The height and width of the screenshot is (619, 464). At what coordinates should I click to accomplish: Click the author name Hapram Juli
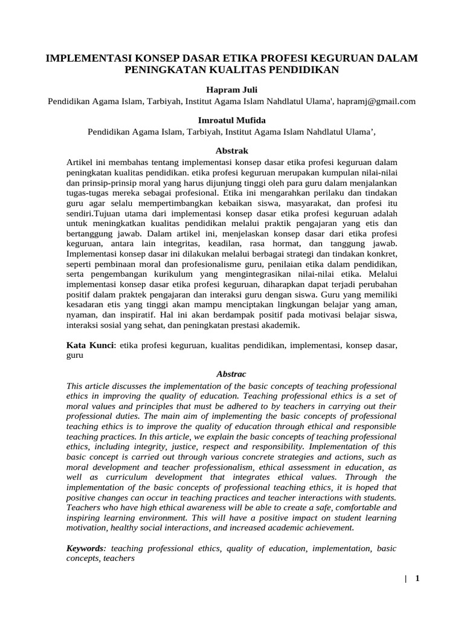pos(231,89)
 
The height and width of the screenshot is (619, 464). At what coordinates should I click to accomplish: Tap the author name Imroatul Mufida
pos(231,120)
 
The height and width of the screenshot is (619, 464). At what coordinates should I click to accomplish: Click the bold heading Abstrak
pos(231,151)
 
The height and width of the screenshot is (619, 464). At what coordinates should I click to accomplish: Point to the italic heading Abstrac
pos(231,374)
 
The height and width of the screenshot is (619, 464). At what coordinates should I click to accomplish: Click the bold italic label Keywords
pos(86,548)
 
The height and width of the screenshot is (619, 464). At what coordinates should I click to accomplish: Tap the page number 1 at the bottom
pos(417,578)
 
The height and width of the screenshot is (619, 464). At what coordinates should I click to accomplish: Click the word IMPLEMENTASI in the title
pos(89,58)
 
